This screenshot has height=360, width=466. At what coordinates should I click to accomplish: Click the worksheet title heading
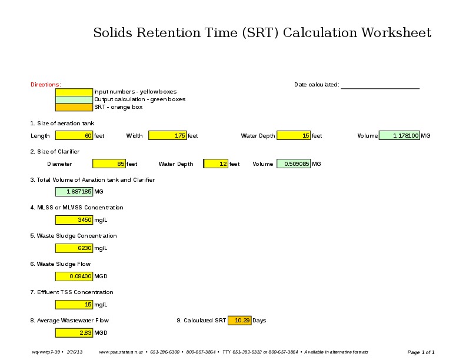click(x=262, y=32)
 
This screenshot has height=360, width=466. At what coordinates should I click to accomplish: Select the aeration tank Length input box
click(x=74, y=136)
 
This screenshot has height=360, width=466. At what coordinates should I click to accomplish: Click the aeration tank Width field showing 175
click(x=167, y=136)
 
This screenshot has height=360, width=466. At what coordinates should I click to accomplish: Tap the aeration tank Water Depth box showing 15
click(x=293, y=136)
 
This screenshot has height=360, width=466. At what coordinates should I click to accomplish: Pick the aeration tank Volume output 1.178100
click(x=399, y=136)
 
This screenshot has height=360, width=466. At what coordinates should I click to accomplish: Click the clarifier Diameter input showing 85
click(x=109, y=164)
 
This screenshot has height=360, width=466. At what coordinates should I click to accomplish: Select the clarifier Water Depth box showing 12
click(x=216, y=164)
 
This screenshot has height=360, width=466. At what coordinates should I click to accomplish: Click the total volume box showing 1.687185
click(x=74, y=192)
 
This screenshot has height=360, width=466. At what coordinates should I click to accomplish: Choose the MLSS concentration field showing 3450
click(x=74, y=220)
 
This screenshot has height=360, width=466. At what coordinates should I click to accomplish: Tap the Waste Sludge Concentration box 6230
click(x=74, y=248)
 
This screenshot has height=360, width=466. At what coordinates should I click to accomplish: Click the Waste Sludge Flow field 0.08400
click(x=74, y=276)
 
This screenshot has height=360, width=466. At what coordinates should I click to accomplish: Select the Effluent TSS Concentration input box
click(x=74, y=305)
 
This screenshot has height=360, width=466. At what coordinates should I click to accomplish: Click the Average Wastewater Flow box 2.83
click(x=74, y=333)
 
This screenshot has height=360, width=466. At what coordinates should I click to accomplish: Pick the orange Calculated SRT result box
click(x=239, y=321)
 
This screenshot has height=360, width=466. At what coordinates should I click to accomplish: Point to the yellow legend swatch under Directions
click(x=74, y=92)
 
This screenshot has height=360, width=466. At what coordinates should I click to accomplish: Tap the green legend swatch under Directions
click(x=74, y=100)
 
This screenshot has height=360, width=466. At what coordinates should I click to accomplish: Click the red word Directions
click(x=45, y=85)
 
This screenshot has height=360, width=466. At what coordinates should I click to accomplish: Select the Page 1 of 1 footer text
click(x=421, y=352)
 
